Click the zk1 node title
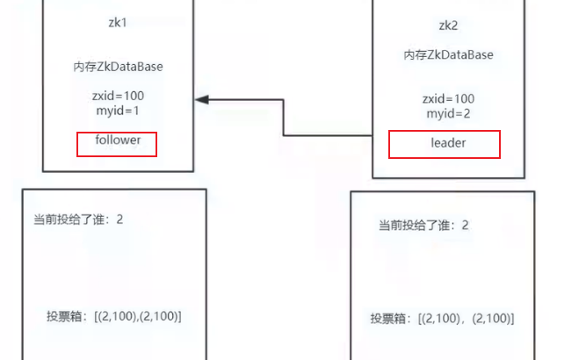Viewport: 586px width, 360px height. coord(117,24)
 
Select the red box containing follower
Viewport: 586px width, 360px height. coord(117,144)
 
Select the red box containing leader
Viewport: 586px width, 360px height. coord(444,144)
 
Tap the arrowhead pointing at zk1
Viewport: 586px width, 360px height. coord(201,99)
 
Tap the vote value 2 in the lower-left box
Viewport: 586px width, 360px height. coord(119,218)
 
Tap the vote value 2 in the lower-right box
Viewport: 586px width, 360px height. coord(465,226)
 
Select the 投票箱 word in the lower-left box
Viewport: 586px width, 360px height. coord(63,315)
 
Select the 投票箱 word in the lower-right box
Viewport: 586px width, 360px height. coord(387,319)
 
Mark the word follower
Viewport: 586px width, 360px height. coord(118,140)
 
